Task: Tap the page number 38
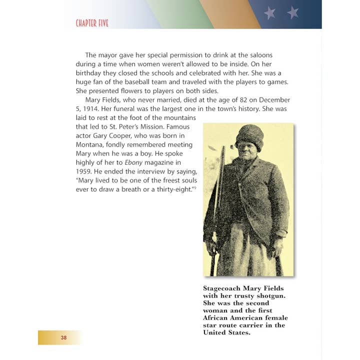coord(63,337)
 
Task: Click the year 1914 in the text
coord(91,109)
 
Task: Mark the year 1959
coord(84,171)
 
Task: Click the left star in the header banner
coord(269,13)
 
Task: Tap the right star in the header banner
coord(293,13)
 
